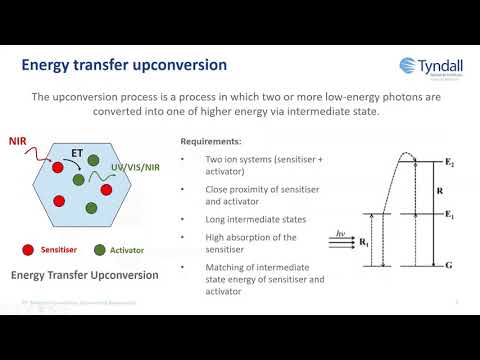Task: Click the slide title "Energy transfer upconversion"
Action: pos(124,65)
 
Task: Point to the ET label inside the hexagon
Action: pos(76,153)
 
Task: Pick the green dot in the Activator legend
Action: pos(99,249)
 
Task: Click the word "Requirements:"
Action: pos(211,142)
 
